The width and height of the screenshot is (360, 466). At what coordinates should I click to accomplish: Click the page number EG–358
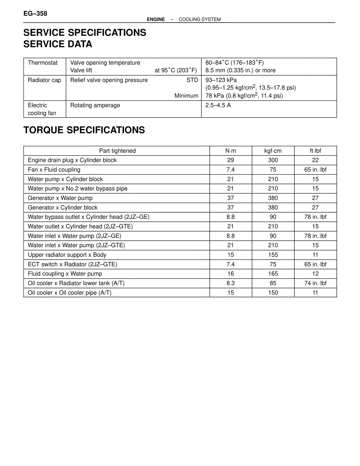tap(35, 14)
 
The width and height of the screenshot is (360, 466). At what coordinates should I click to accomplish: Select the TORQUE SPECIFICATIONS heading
tap(84, 130)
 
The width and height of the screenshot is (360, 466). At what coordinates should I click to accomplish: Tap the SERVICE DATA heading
tap(58, 44)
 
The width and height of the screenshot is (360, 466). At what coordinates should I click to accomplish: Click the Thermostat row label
tap(43, 63)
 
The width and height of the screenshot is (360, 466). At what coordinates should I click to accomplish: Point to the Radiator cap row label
tap(44, 80)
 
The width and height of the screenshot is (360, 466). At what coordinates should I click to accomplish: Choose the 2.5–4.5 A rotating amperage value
tap(218, 105)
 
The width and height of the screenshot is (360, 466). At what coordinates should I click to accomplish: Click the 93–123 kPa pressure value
tap(221, 80)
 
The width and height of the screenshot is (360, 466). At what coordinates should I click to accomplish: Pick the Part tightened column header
tap(117, 151)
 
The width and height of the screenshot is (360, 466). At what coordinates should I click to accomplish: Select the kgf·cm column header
tap(273, 151)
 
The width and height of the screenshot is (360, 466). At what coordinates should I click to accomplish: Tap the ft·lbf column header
tap(315, 151)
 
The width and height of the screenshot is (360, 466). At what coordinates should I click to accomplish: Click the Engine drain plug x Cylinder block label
tap(72, 160)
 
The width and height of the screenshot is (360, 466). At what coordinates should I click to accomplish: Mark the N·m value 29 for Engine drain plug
tap(231, 160)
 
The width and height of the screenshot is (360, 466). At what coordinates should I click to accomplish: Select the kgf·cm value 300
tap(273, 160)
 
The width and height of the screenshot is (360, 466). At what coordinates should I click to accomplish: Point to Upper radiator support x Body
tap(67, 255)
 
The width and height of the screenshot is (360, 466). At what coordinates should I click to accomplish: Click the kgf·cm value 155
tap(273, 255)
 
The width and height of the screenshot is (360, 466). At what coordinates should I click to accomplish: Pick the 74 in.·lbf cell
tap(315, 283)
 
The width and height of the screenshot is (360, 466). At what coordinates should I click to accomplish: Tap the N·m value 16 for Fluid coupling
tap(231, 274)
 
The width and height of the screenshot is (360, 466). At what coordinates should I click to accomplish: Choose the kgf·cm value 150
tap(273, 293)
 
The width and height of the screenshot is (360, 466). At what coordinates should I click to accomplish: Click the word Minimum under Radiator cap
tap(186, 96)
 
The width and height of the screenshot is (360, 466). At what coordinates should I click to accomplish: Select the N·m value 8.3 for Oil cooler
tap(231, 283)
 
